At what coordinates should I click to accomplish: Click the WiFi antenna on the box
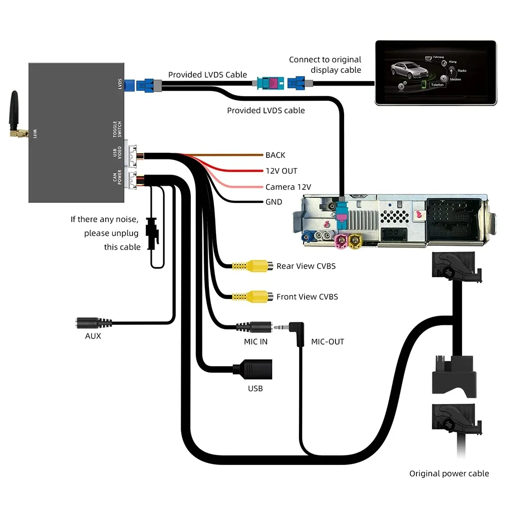[x=16, y=114]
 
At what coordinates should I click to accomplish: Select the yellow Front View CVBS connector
[x=256, y=297]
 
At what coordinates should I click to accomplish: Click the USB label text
[x=256, y=389]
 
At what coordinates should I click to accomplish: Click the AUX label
[x=93, y=335]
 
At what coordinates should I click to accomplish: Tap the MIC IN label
[x=256, y=342]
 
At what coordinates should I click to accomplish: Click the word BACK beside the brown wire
[x=275, y=155]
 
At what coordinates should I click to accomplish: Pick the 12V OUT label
[x=281, y=171]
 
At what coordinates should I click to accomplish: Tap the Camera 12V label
[x=288, y=187]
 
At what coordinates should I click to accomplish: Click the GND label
[x=274, y=202]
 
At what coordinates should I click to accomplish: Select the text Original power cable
[x=449, y=474]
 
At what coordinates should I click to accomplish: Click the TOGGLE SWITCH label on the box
[x=117, y=129]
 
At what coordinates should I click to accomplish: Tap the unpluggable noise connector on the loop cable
[x=151, y=230]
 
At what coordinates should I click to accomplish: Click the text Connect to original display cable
[x=325, y=65]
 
